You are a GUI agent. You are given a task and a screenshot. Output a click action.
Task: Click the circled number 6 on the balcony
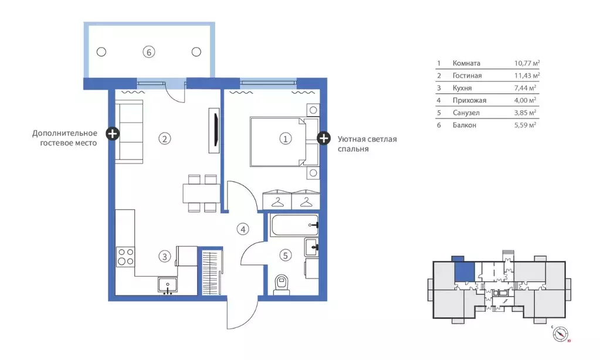click(x=149, y=52)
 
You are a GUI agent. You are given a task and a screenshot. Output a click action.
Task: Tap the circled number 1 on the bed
click(x=285, y=139)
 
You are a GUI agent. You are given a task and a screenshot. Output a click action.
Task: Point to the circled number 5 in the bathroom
click(x=285, y=255)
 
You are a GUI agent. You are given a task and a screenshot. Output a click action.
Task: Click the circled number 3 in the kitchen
click(x=165, y=256)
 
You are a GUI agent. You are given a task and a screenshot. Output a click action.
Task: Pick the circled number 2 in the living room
click(x=165, y=139)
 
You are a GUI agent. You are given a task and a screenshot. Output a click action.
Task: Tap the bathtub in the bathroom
click(x=294, y=226)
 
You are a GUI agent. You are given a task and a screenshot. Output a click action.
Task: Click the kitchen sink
click(x=168, y=286)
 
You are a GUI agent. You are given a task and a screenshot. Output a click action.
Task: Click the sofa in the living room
click(x=128, y=131)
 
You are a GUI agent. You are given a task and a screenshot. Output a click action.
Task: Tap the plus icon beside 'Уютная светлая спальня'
click(x=323, y=138)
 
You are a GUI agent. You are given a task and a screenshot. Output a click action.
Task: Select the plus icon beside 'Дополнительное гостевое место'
click(x=112, y=134)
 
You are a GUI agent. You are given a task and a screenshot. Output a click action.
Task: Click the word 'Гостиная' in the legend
click(x=467, y=76)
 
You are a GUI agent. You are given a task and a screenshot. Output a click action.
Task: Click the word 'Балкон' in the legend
click(x=464, y=125)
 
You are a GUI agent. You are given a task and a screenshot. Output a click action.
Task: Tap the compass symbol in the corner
click(x=561, y=334)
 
